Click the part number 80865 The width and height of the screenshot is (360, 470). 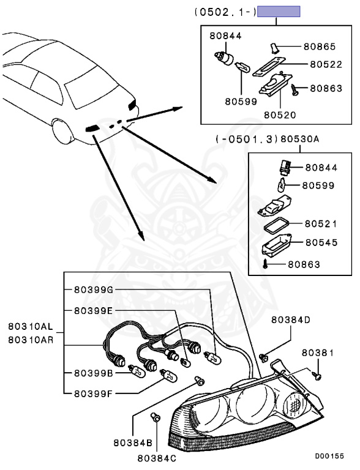click(320, 47)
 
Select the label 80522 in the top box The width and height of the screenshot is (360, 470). click(325, 64)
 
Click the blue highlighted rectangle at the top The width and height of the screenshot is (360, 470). click(279, 12)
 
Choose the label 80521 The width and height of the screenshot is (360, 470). click(321, 224)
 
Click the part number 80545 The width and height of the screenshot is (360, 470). click(321, 242)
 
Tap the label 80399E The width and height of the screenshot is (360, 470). click(94, 310)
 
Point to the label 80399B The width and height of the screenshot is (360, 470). click(94, 372)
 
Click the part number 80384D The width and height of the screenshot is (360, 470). click(291, 319)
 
